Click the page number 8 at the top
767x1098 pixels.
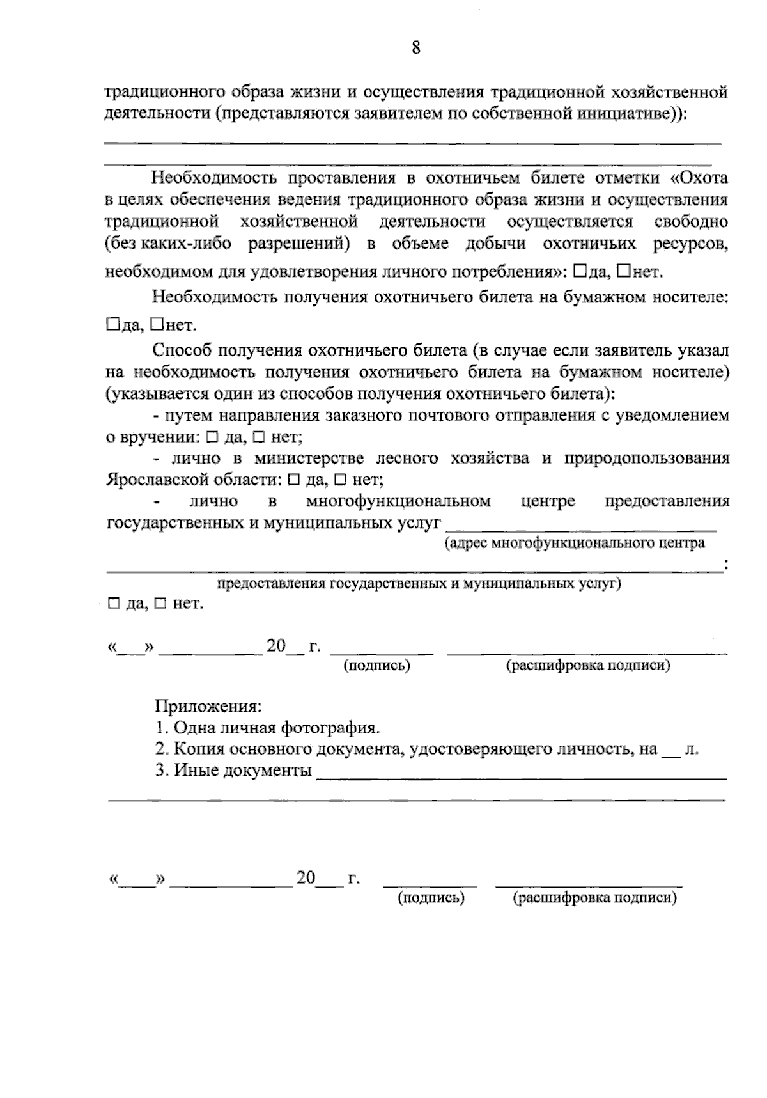point(416,48)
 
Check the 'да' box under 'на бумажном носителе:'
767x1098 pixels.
point(112,324)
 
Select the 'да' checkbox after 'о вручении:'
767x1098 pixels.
point(212,437)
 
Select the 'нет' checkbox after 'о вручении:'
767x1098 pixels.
point(259,437)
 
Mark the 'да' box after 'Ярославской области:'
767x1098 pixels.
point(295,478)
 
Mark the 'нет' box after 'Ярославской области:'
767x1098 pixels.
point(341,478)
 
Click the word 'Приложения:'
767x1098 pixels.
point(208,707)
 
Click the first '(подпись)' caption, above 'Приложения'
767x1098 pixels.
point(376,666)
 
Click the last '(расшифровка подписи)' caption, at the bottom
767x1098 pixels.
point(594,898)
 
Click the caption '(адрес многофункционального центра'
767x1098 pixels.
point(575,544)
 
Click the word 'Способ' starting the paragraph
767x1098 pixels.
point(183,350)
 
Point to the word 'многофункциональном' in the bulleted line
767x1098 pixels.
point(398,501)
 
